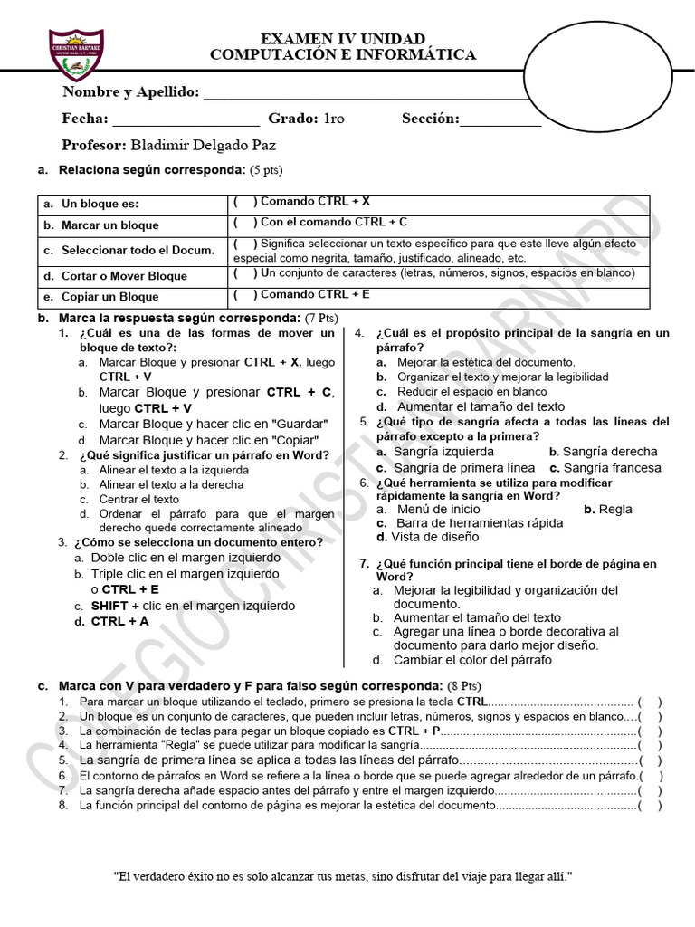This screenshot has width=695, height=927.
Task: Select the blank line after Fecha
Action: (x=186, y=119)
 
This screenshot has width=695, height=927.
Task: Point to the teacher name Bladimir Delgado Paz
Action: (x=203, y=145)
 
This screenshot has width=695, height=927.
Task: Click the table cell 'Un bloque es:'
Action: (x=100, y=205)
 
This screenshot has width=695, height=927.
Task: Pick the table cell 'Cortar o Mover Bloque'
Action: (x=124, y=276)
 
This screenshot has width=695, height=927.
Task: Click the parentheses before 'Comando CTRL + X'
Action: (x=245, y=202)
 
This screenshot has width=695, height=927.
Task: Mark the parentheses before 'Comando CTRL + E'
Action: (x=245, y=294)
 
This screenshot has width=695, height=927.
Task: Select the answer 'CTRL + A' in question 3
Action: (x=119, y=622)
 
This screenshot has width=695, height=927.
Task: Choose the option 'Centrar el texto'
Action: (x=139, y=499)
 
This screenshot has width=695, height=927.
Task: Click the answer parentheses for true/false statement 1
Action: (x=649, y=702)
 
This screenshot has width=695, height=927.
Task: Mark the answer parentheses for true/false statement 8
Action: (x=649, y=806)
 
